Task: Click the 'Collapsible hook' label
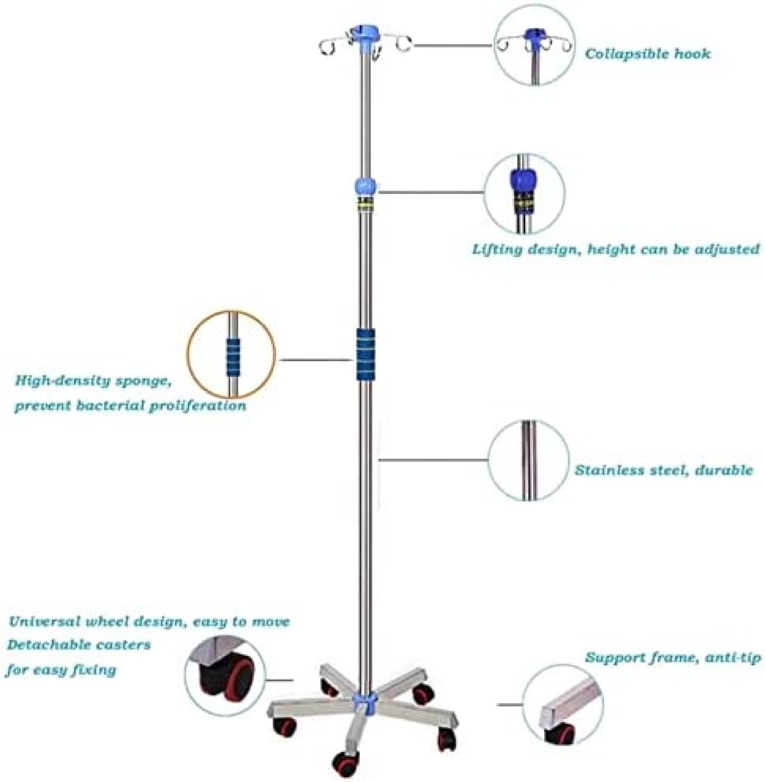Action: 648,53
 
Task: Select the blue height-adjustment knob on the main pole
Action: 366,186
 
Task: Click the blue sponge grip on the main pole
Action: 365,353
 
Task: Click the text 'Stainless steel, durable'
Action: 664,470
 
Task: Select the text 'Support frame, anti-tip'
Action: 673,657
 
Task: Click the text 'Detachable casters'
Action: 79,645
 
